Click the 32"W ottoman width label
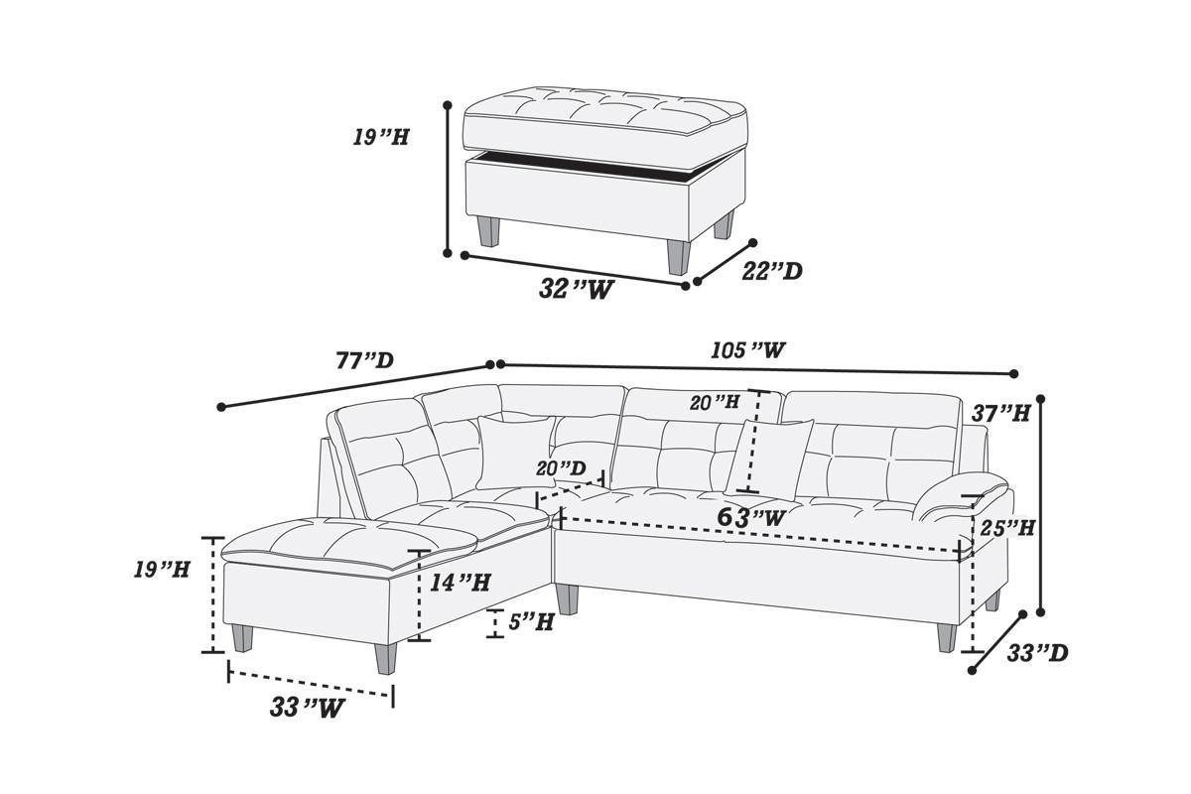[x=575, y=289]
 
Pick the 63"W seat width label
[x=751, y=517]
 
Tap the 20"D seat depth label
[x=561, y=467]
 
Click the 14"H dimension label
[x=460, y=583]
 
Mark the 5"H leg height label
[x=530, y=622]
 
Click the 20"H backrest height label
[x=715, y=402]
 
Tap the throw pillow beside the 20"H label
[x=770, y=457]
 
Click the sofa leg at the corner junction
[x=567, y=599]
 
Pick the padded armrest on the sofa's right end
[x=963, y=496]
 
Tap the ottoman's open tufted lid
[x=605, y=120]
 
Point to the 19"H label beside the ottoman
[x=381, y=137]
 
